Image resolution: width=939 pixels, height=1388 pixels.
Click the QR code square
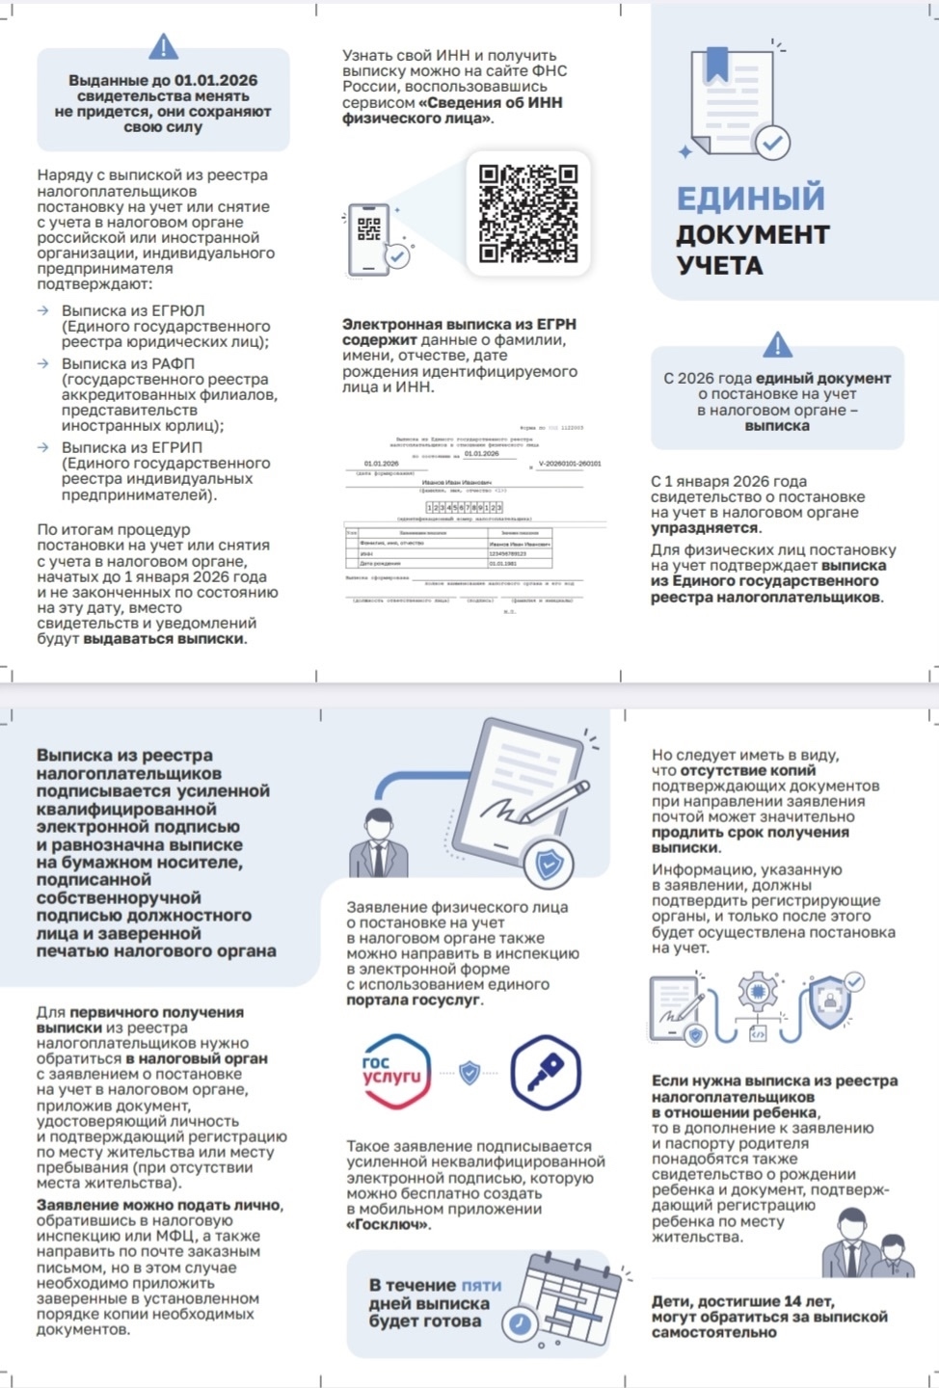[527, 213]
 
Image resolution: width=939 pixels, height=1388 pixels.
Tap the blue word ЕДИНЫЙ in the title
[750, 199]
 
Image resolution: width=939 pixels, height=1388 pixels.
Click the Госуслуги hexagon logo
[393, 1071]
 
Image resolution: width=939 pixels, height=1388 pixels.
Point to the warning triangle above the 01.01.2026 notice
[164, 45]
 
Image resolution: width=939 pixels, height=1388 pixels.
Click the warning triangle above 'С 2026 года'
[777, 344]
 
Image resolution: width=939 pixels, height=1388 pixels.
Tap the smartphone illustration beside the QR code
[371, 238]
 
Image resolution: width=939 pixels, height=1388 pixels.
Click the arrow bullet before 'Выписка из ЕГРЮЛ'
[43, 311]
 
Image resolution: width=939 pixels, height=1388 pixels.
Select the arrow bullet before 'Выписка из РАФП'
[43, 363]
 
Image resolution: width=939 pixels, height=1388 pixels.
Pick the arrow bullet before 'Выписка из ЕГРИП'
[43, 447]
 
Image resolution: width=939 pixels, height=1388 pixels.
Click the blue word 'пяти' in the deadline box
[481, 1285]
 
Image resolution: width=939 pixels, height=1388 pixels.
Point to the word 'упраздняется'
[705, 528]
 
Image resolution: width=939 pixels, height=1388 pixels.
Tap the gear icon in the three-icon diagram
[758, 992]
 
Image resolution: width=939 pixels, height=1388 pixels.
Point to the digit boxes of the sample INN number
[464, 507]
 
